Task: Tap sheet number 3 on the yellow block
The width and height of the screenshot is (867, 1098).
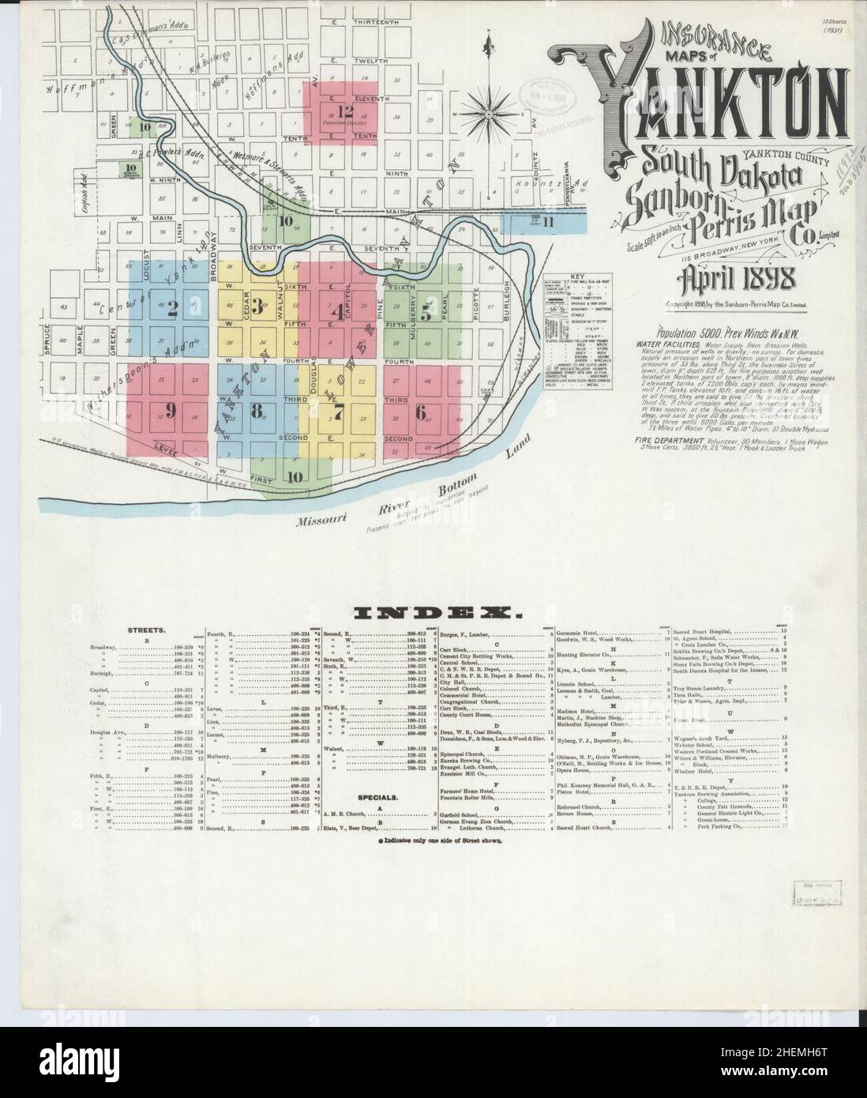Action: pos(257,307)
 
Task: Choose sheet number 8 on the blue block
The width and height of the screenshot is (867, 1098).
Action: pos(256,410)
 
